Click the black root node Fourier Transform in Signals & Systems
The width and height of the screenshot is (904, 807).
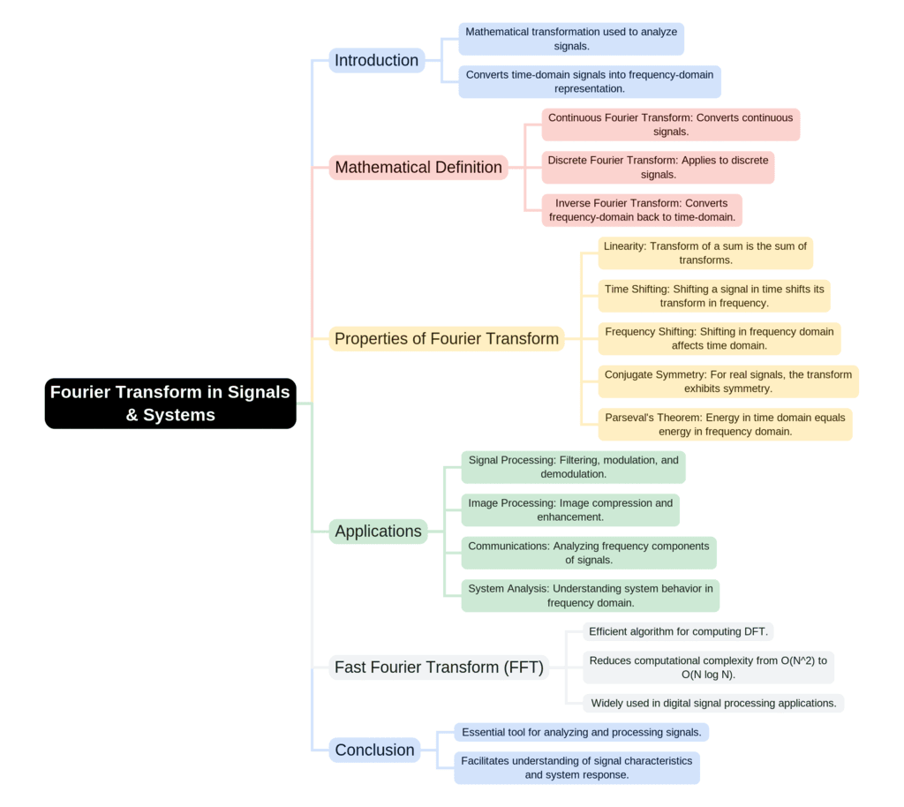point(170,403)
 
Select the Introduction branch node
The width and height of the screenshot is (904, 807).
point(377,60)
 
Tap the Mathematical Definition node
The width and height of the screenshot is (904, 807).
point(418,167)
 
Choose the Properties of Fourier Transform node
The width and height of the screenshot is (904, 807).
point(447,338)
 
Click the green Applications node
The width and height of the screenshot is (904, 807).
point(378,531)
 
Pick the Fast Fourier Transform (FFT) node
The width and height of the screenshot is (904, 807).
point(439,667)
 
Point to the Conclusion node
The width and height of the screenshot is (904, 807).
point(374,750)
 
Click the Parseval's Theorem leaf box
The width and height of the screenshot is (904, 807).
point(725,424)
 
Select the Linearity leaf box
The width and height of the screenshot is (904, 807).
point(705,253)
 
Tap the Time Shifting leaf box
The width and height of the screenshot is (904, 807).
point(714,296)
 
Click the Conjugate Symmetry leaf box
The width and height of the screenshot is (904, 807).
point(728,381)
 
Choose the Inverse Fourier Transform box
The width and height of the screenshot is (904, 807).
point(642,210)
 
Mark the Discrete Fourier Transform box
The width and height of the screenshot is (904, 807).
point(658,167)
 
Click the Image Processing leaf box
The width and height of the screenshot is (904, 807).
point(570,509)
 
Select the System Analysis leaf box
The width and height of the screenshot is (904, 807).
point(590,595)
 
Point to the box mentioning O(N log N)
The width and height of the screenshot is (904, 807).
point(708,667)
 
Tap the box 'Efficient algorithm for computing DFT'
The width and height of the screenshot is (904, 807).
point(678,631)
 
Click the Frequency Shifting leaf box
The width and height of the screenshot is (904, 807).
point(719,338)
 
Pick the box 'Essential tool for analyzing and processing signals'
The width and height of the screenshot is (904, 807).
point(581,732)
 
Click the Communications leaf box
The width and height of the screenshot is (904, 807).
point(588,553)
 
